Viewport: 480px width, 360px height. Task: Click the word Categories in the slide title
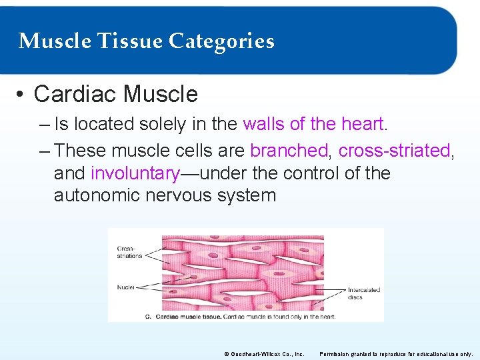(x=221, y=41)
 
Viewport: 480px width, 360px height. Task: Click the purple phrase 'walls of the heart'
(x=313, y=124)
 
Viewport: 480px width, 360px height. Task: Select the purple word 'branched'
(x=289, y=151)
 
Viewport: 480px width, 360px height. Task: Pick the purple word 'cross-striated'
(x=394, y=151)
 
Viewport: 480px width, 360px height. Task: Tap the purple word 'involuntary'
(x=135, y=173)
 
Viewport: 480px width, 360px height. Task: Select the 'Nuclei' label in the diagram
(x=125, y=287)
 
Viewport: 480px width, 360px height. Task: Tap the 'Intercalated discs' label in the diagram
(x=363, y=293)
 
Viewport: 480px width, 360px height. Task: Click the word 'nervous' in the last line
(x=190, y=195)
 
